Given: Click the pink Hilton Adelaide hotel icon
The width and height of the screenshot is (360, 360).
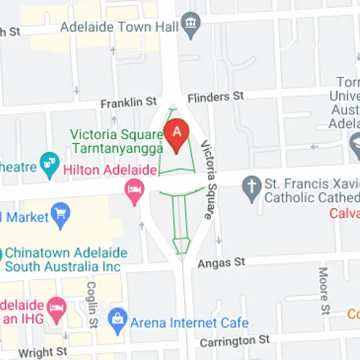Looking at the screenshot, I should pos(134,189).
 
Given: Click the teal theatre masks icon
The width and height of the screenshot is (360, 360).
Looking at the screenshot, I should pos(50,165).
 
